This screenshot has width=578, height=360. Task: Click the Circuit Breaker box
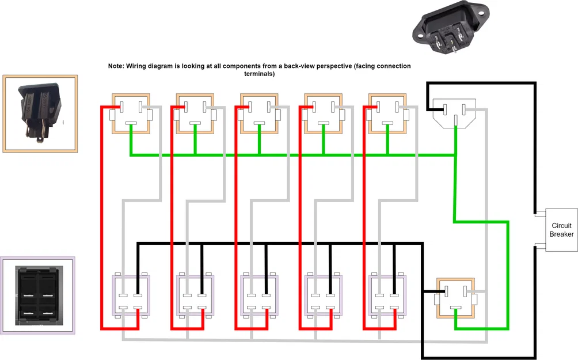(561, 229)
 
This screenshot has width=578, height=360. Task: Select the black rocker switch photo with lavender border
(37, 295)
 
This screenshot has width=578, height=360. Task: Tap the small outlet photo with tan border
(40, 113)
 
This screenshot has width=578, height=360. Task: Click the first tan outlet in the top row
(131, 113)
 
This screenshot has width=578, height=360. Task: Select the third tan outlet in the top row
(259, 113)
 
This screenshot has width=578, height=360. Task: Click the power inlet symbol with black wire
(455, 113)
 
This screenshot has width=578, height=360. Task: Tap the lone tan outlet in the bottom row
(455, 297)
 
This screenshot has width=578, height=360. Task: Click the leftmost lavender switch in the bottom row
(130, 295)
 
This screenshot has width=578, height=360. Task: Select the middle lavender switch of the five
(259, 295)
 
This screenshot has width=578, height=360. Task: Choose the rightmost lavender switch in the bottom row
(387, 295)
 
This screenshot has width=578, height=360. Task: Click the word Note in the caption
(115, 66)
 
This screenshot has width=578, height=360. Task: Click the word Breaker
(561, 234)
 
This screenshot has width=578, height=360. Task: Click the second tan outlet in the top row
(195, 113)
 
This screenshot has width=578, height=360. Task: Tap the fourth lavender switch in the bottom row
(324, 295)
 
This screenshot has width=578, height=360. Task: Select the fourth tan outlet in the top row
(324, 113)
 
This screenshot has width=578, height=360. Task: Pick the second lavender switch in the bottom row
(195, 295)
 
